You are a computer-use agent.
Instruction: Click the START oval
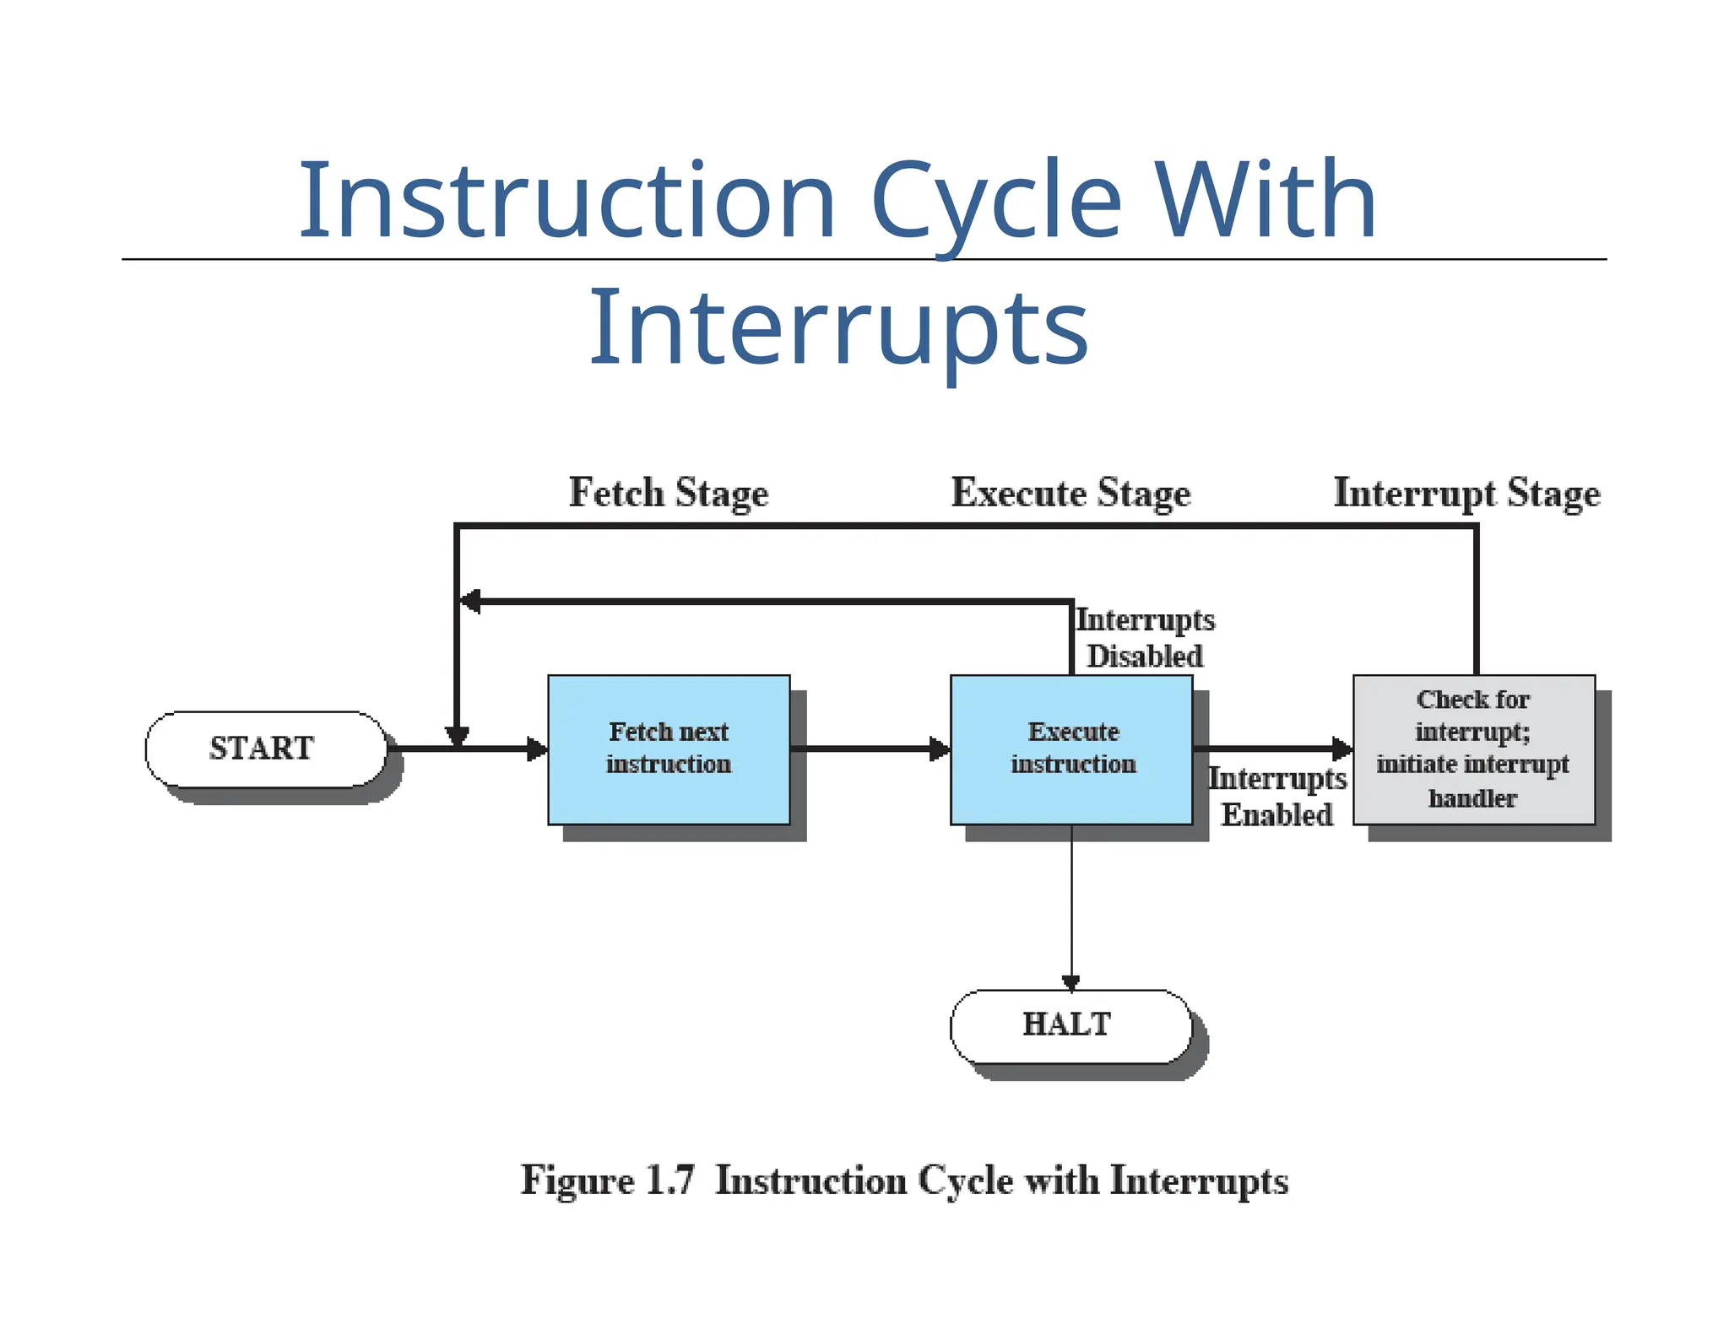click(264, 749)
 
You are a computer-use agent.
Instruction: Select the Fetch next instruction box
click(669, 749)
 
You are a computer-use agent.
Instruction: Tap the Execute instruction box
click(1071, 749)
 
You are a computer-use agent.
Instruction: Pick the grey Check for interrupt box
click(1473, 749)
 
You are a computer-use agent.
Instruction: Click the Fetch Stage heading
click(668, 493)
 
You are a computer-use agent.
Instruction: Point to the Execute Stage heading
click(1070, 493)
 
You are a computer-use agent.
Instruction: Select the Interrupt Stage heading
click(1466, 493)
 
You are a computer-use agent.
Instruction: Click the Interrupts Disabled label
click(1145, 637)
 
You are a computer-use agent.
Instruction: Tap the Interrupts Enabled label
click(1276, 796)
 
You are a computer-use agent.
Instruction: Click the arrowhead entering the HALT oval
click(1071, 982)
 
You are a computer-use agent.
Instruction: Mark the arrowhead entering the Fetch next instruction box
click(537, 749)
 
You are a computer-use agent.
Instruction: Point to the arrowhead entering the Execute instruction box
click(939, 749)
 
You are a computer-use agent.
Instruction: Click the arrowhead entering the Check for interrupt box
click(1341, 749)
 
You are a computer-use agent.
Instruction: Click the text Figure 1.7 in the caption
click(607, 1180)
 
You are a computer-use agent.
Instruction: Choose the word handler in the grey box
click(1472, 798)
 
